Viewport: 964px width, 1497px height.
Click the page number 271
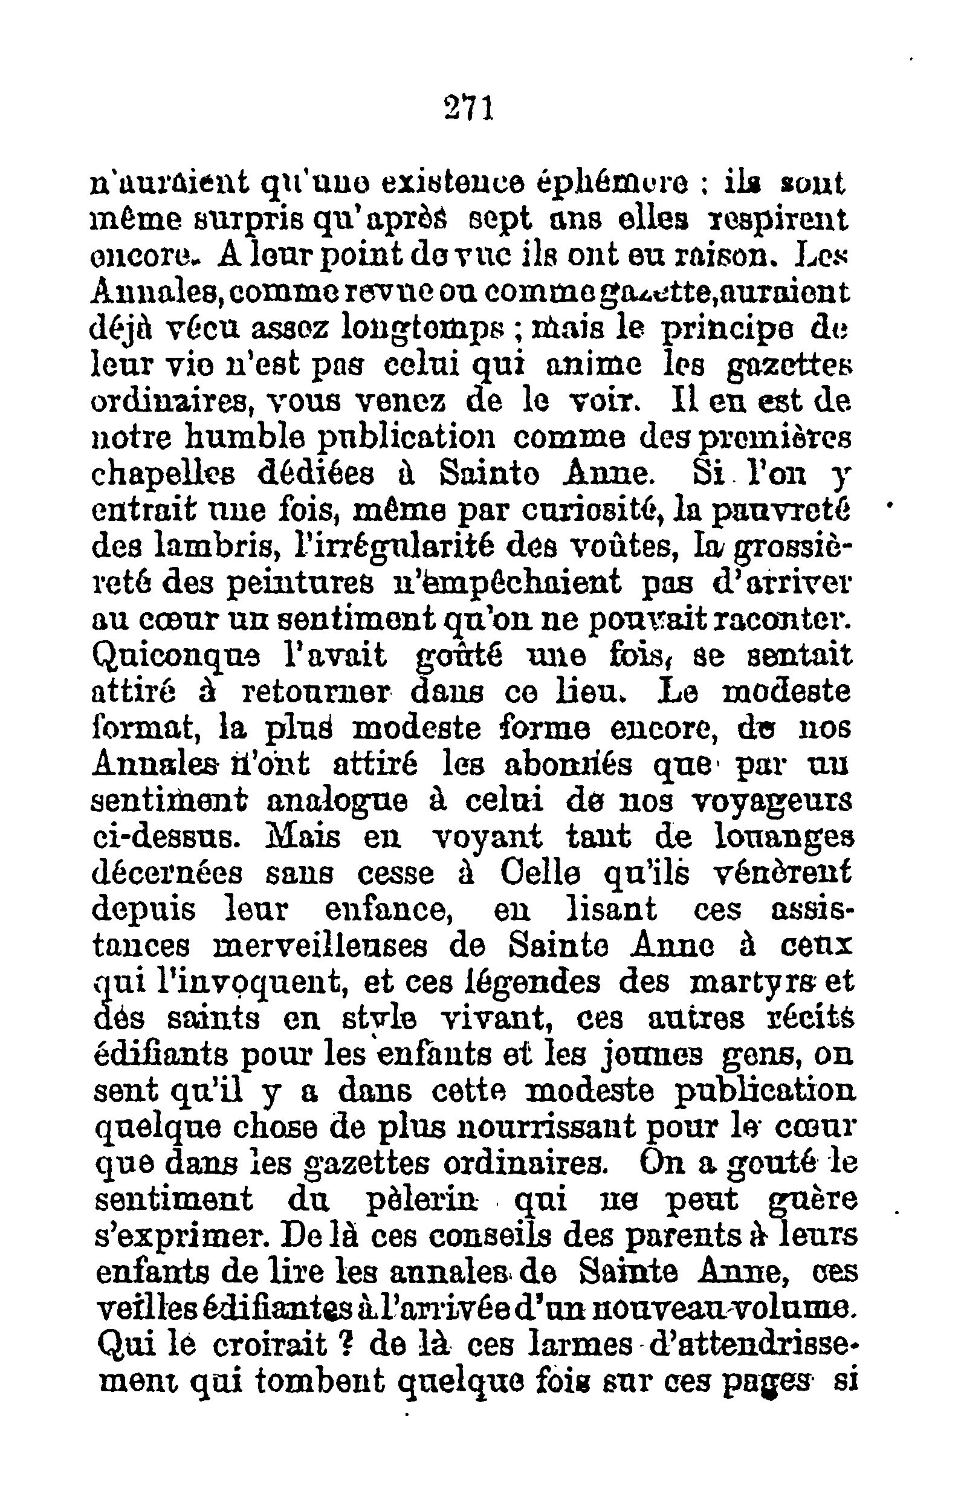tap(469, 108)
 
